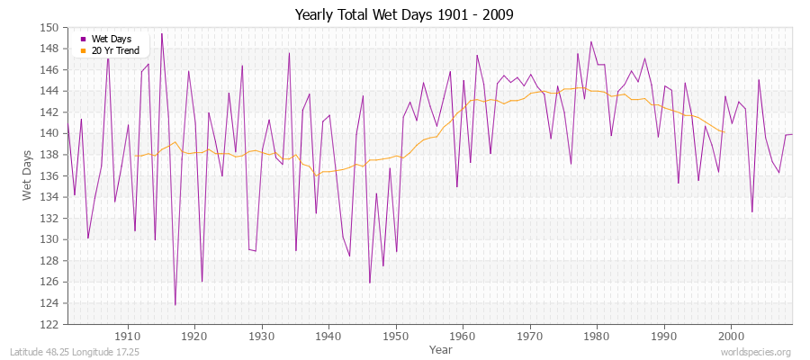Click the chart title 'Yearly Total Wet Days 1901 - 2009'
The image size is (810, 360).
pos(404,15)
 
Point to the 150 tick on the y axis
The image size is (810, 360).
pos(51,27)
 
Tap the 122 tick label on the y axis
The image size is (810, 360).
pos(51,324)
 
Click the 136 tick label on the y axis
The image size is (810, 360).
pos(51,175)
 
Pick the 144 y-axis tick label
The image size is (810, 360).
pos(51,91)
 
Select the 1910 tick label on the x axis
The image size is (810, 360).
pos(128,336)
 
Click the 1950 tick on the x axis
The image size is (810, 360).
pos(396,336)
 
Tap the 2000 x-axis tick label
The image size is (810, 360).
pos(731,336)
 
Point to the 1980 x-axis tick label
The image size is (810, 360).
pos(597,336)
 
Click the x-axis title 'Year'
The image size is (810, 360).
pos(441,349)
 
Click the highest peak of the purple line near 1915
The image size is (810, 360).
pos(162,33)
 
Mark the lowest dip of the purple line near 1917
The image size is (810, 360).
pos(175,304)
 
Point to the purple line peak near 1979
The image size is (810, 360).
pos(590,41)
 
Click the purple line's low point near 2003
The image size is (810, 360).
pos(751,211)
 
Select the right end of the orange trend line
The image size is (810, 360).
pos(724,132)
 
